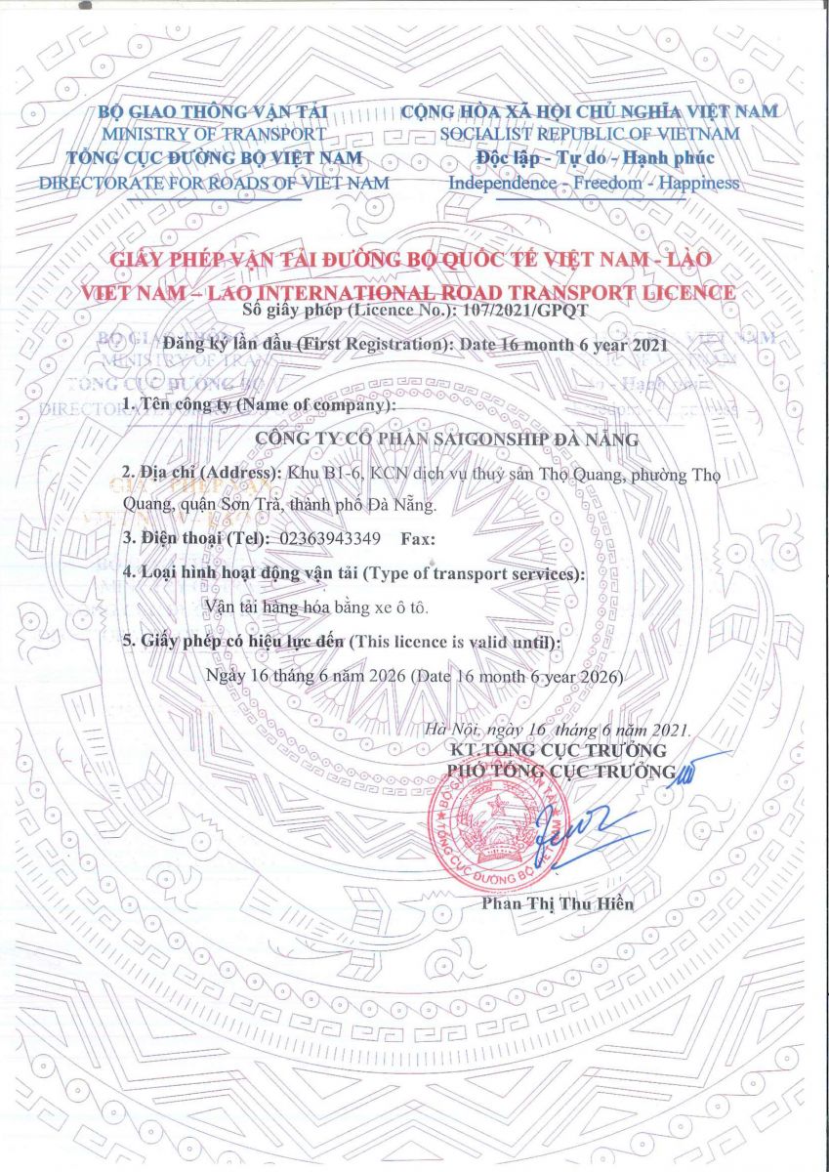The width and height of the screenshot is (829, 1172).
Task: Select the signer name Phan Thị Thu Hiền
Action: click(558, 903)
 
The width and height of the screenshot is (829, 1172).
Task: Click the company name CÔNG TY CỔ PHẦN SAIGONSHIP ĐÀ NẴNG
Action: click(446, 439)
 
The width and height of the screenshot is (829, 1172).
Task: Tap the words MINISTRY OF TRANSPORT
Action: click(214, 133)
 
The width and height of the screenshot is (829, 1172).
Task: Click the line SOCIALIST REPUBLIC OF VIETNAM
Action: click(590, 133)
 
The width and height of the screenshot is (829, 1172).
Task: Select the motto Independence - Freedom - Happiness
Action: click(594, 183)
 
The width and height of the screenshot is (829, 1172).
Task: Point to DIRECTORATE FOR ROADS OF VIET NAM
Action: click(214, 183)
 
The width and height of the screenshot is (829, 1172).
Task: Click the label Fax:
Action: click(418, 538)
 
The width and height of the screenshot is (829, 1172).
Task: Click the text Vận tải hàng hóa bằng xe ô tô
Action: click(318, 607)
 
